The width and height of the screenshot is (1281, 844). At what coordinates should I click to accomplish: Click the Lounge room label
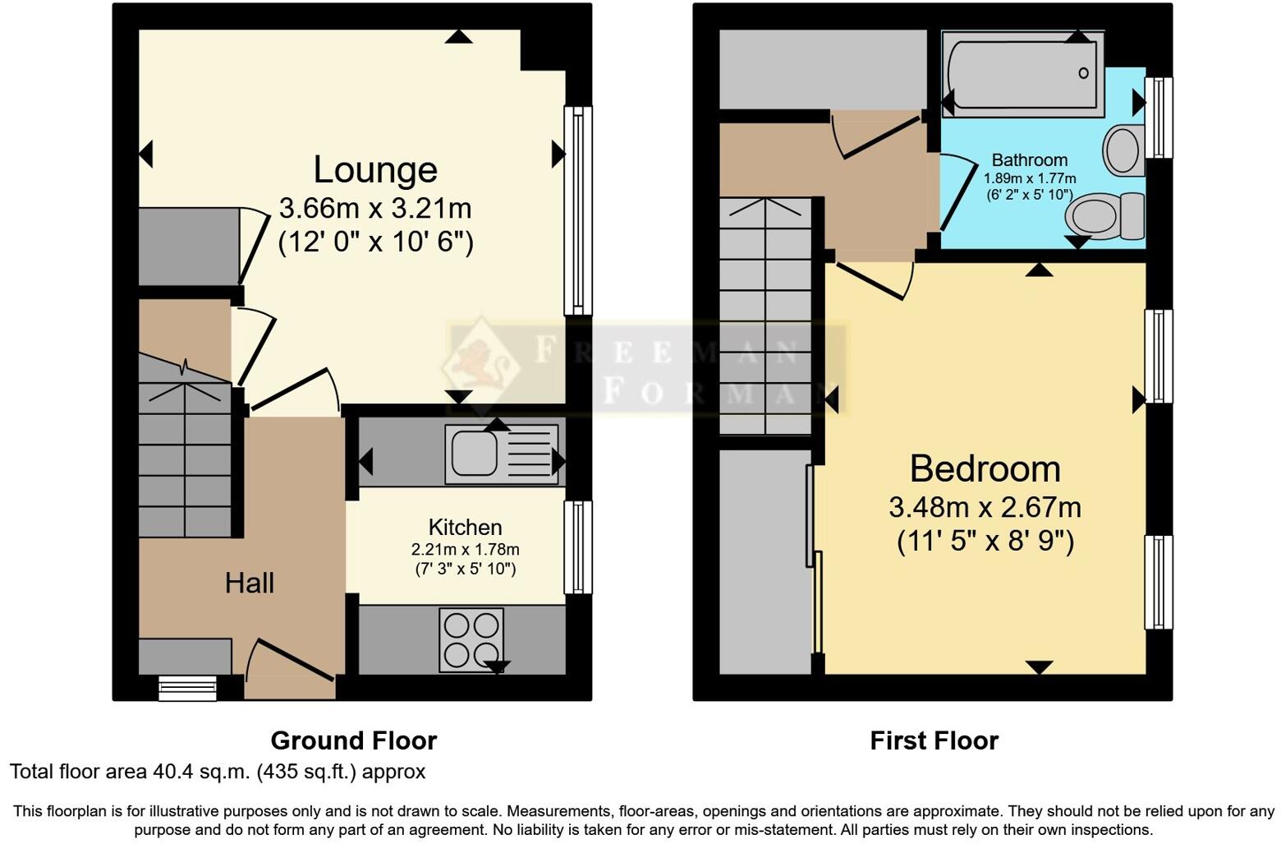tap(375, 170)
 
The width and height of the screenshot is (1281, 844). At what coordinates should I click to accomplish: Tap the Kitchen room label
tap(465, 528)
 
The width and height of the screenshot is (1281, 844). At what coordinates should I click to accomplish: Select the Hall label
tap(249, 583)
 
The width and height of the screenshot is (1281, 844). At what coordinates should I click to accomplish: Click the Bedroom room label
tap(985, 469)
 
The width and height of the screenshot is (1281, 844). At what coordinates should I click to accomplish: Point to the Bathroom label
tap(1029, 160)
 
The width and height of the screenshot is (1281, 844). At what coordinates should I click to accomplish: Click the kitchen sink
tap(472, 453)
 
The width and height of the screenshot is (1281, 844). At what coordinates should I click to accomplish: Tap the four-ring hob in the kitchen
tap(471, 640)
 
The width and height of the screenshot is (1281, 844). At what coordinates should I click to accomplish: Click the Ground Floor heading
tap(353, 741)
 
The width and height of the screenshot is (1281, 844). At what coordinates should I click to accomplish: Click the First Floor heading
tap(934, 741)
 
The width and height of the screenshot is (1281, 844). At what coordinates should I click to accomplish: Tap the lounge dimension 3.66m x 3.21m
tap(375, 208)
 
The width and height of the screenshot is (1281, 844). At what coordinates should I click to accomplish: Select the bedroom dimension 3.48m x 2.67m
tap(985, 507)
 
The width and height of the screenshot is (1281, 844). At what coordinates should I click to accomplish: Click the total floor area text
tap(218, 772)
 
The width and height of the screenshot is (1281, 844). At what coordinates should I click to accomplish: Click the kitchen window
tap(578, 547)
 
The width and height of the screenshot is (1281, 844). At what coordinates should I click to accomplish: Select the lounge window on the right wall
tap(578, 210)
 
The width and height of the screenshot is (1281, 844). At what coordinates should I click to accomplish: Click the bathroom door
tap(951, 194)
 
